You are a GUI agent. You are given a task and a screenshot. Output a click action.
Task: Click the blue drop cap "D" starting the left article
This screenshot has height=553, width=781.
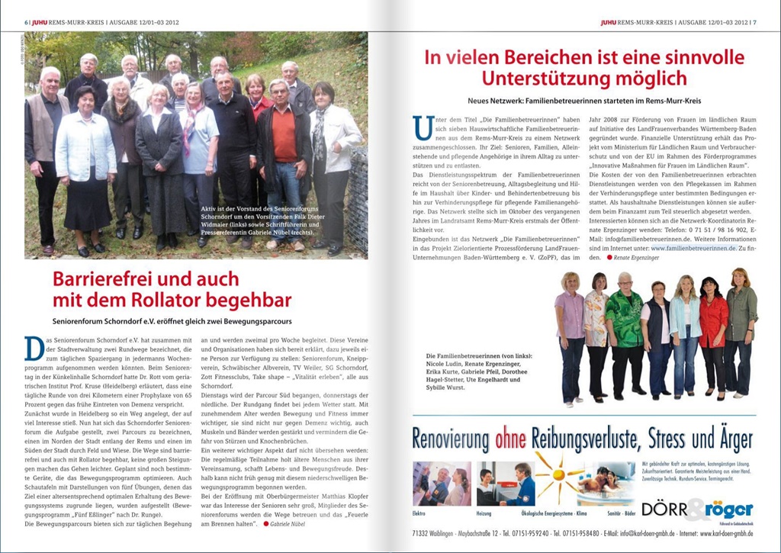pyautogui.click(x=34, y=348)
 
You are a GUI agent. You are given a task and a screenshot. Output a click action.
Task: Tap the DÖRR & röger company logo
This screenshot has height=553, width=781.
pyautogui.click(x=697, y=509)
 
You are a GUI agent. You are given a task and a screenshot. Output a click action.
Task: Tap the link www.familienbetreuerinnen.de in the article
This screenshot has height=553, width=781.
pyautogui.click(x=689, y=248)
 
